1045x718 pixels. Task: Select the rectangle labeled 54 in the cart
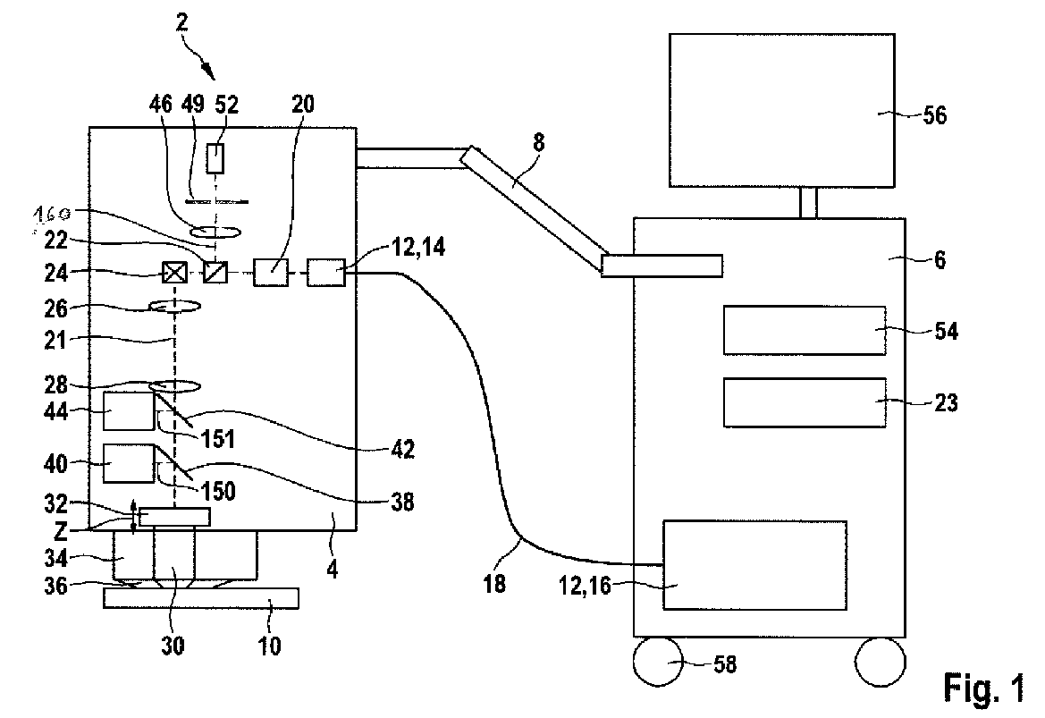tap(803, 331)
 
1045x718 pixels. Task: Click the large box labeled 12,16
tap(753, 565)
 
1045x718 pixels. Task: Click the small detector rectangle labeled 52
tap(215, 158)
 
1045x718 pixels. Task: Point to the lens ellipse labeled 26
tap(173, 307)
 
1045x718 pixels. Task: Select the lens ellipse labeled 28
tap(173, 386)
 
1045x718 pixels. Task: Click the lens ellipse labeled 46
tap(215, 232)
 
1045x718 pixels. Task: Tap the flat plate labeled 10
tap(201, 597)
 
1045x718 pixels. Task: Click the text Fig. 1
tap(982, 687)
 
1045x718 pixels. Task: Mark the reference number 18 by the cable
tap(493, 584)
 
